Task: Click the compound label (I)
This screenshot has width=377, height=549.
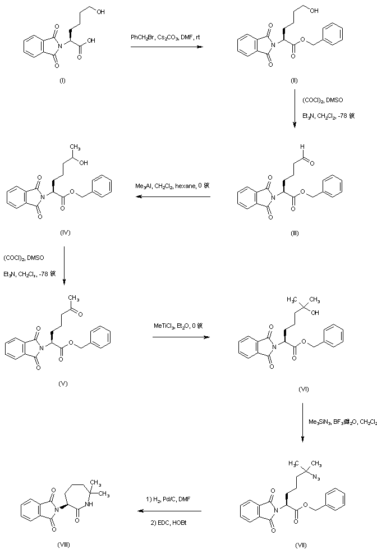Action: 62,81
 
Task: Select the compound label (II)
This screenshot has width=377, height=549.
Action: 294,81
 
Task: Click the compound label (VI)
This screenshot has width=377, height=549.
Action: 304,388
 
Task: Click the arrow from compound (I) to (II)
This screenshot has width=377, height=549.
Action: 166,48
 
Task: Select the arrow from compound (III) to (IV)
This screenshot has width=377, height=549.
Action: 171,197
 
